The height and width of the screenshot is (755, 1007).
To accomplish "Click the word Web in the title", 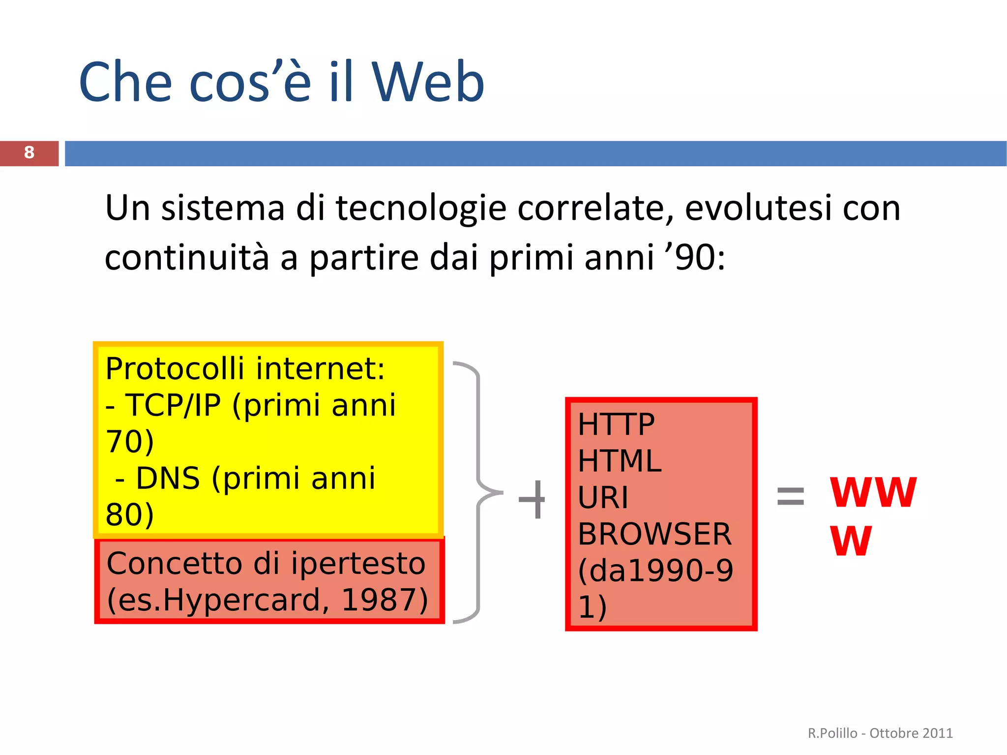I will click(428, 83).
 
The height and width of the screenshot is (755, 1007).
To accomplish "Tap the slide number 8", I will click(29, 153).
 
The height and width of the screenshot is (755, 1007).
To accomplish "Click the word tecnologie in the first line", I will click(421, 208).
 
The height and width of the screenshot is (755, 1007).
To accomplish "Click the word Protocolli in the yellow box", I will click(175, 369).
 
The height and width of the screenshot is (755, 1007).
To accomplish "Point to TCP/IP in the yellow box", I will click(173, 406).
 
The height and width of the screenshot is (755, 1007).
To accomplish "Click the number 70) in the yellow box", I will click(130, 442).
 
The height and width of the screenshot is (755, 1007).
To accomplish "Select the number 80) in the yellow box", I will click(130, 515).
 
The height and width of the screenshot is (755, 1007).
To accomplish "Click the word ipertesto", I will click(358, 564).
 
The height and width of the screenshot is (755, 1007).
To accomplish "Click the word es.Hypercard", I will click(214, 600).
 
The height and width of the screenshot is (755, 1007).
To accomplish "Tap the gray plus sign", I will click(533, 499).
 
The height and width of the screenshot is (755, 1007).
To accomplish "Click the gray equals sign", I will click(790, 496).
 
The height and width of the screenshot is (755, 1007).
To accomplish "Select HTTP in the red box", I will click(616, 424).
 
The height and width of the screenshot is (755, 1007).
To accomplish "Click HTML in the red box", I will click(620, 461).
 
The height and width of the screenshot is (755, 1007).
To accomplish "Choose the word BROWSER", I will click(654, 534).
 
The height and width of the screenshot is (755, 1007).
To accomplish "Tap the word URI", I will click(603, 498).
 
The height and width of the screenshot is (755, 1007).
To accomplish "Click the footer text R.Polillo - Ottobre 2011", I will click(880, 733).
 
